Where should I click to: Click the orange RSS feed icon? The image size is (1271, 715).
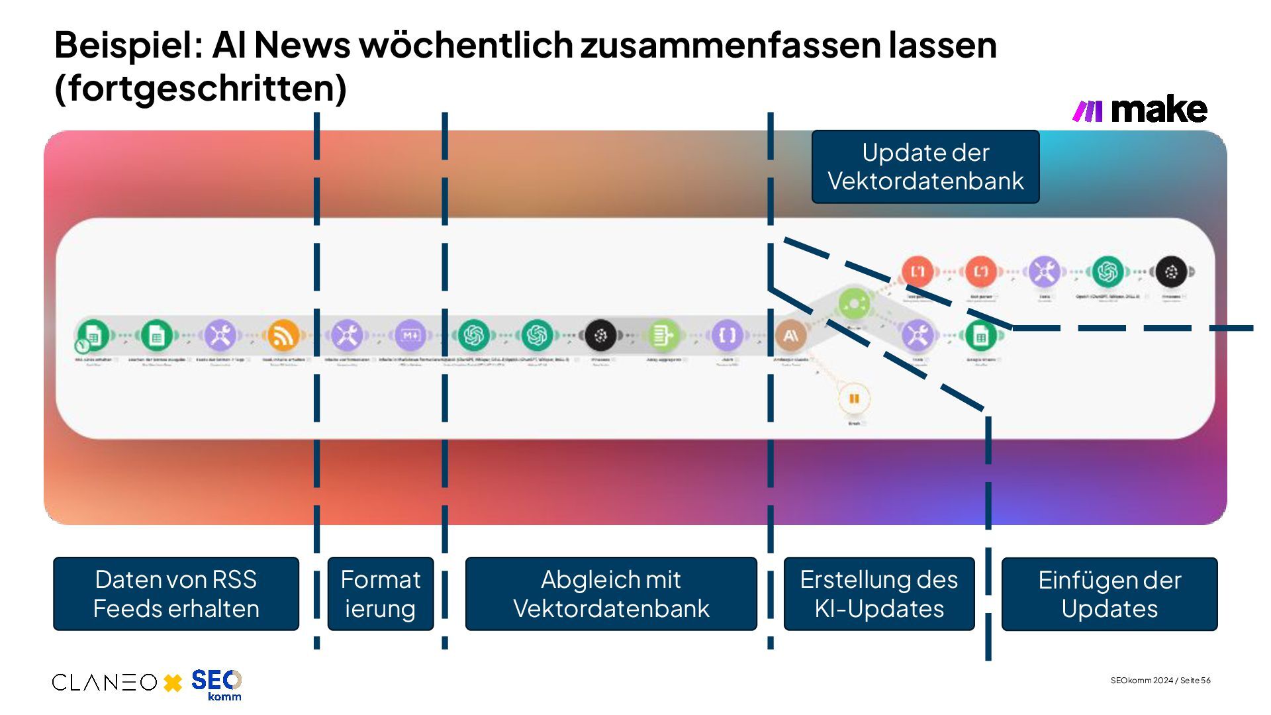(283, 335)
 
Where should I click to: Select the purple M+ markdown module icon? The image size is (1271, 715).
(410, 335)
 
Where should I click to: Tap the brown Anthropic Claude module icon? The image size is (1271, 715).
(790, 336)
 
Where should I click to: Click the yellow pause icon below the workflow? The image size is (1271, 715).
(854, 399)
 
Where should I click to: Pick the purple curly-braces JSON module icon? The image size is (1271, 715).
(727, 335)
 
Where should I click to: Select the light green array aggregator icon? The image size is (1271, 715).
(662, 335)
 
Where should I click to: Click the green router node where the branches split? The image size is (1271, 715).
(854, 304)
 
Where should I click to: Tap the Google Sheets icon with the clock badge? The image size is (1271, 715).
(92, 336)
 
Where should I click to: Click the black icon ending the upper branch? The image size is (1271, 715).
(1171, 271)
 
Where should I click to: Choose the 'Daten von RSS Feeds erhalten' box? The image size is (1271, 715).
(176, 594)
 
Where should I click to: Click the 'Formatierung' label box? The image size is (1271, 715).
(381, 594)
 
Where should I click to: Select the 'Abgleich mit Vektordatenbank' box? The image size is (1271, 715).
(611, 594)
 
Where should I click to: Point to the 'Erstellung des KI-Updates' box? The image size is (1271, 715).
(879, 594)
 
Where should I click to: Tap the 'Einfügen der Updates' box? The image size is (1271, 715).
(1109, 594)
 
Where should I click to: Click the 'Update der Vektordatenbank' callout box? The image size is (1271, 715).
(925, 167)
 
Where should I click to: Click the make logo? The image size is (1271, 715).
(1140, 110)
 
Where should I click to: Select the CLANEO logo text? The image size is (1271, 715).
(105, 683)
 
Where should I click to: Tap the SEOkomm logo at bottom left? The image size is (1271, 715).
(216, 685)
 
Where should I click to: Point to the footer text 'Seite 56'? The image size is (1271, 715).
(1196, 681)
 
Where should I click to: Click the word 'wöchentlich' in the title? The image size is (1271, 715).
(466, 45)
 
